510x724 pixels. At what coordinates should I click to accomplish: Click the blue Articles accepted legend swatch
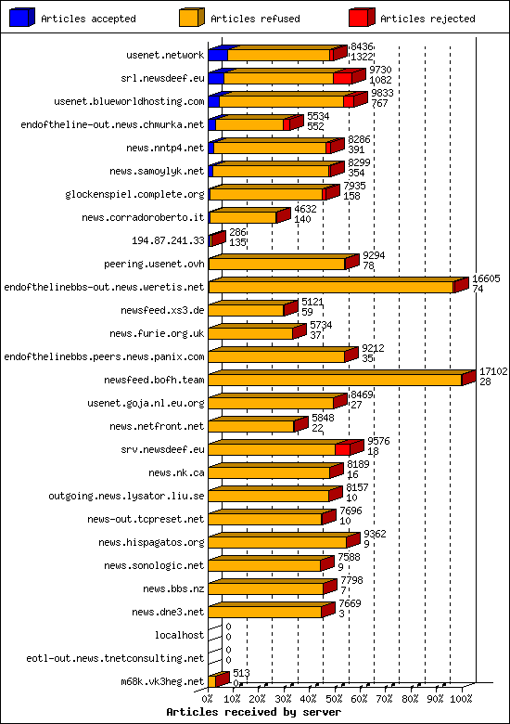[x=22, y=18]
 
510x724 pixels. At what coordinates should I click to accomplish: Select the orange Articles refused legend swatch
[x=192, y=18]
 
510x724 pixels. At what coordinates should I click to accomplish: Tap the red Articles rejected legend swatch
[x=362, y=18]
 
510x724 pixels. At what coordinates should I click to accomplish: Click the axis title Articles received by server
[x=253, y=712]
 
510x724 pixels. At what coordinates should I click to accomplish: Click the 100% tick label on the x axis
[x=463, y=698]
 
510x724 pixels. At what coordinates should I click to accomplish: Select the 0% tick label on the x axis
[x=209, y=698]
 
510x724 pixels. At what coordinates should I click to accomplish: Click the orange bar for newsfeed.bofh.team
[x=334, y=380]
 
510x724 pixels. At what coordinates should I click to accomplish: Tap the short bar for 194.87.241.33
[x=215, y=240]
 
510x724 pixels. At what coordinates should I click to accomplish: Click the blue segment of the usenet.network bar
[x=217, y=55]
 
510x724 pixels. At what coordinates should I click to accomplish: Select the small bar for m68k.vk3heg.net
[x=216, y=681]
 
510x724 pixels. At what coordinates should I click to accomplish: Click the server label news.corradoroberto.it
[x=143, y=217]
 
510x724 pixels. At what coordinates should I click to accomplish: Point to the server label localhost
[x=179, y=635]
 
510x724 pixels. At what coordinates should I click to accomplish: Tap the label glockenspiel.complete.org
[x=134, y=194]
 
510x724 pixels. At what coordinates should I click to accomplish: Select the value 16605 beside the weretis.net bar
[x=486, y=278]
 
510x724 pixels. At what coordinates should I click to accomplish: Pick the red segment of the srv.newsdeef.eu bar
[x=342, y=449]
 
